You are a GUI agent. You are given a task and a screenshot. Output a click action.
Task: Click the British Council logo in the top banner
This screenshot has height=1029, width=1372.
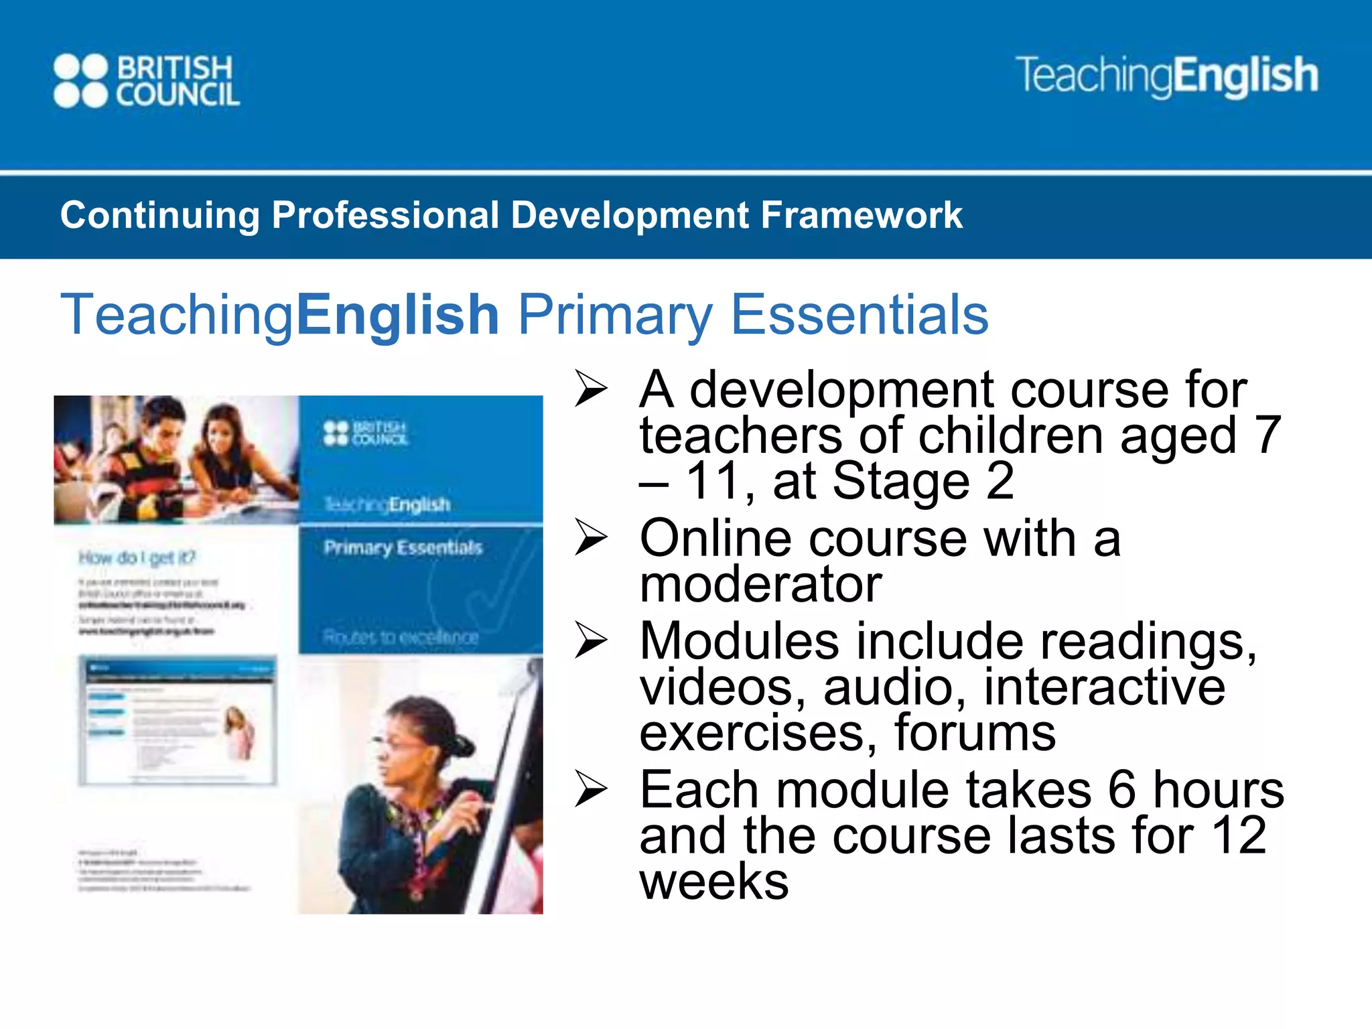pos(146,81)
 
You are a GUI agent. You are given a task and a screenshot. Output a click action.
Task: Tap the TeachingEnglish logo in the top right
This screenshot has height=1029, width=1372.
pos(1166,76)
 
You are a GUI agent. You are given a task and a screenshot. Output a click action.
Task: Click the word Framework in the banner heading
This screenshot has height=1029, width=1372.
pos(862,216)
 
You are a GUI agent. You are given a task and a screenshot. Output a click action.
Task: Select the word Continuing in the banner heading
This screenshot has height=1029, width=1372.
pos(159,216)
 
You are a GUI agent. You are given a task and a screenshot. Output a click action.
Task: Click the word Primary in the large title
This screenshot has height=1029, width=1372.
pos(615,316)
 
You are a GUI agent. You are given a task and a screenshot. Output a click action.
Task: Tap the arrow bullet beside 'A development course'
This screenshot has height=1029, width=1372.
pos(591,389)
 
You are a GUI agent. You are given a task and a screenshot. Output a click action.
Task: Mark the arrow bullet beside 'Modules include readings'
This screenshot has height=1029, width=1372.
pos(591,641)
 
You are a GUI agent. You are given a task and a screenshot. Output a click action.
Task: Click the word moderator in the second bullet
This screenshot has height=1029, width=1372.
pos(760,585)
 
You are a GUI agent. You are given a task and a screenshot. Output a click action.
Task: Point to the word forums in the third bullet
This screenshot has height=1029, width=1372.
pos(975,733)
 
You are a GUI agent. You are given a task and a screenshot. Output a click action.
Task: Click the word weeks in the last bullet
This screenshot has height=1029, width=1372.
pos(714,882)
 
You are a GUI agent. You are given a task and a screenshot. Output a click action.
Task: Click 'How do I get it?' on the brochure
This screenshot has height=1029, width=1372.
pos(137,557)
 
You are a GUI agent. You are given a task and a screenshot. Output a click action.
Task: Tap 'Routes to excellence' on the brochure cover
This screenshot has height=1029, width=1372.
pos(401,636)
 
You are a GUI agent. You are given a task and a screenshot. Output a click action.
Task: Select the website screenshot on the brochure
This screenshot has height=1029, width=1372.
pos(177,720)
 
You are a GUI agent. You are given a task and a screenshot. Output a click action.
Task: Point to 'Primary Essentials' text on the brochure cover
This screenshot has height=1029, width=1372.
pos(403,548)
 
